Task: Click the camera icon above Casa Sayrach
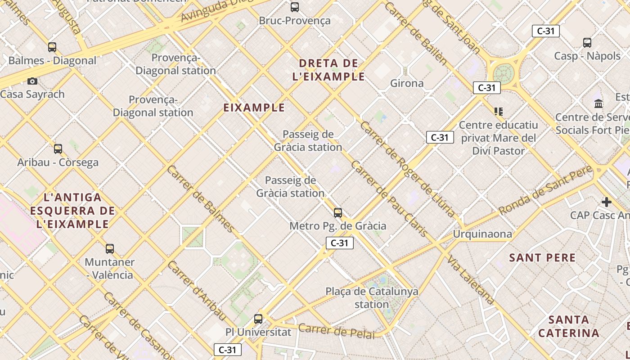pyautogui.click(x=32, y=81)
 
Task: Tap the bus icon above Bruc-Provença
pyautogui.click(x=295, y=7)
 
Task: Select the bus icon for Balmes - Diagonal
pyautogui.click(x=52, y=47)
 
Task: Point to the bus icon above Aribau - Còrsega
pyautogui.click(x=58, y=149)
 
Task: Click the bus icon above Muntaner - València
pyautogui.click(x=110, y=249)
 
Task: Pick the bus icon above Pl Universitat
pyautogui.click(x=258, y=319)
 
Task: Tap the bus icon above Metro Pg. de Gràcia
pyautogui.click(x=338, y=213)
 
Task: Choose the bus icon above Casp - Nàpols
pyautogui.click(x=587, y=43)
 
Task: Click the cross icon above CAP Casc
pyautogui.click(x=607, y=202)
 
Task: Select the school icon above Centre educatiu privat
pyautogui.click(x=498, y=111)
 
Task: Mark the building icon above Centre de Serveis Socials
pyautogui.click(x=598, y=104)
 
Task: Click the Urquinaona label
pyautogui.click(x=482, y=234)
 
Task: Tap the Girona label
pyautogui.click(x=407, y=83)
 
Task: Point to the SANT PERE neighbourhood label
pyautogui.click(x=543, y=258)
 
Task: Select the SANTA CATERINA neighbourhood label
pyautogui.click(x=569, y=327)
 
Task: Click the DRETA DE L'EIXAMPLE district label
pyautogui.click(x=328, y=70)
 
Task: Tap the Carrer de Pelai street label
pyautogui.click(x=337, y=331)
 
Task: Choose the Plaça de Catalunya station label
pyautogui.click(x=372, y=298)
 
